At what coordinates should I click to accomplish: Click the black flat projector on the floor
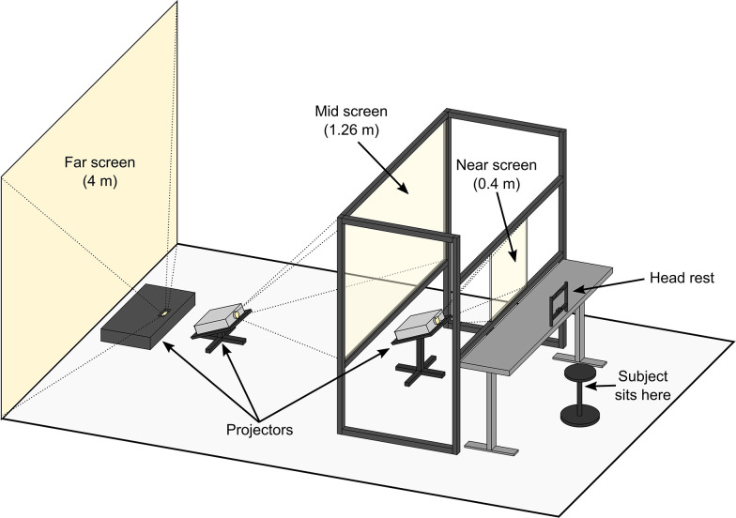point(146,321)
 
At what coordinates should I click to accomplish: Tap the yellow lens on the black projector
point(166,312)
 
